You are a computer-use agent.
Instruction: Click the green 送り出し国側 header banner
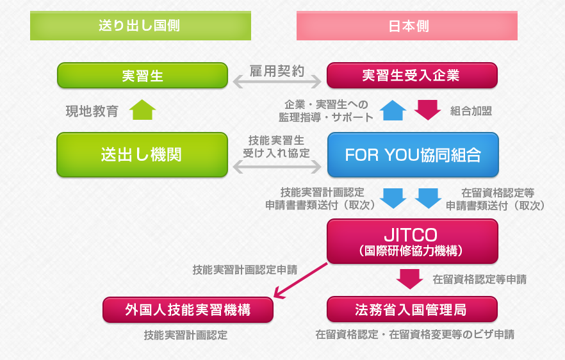point(140,26)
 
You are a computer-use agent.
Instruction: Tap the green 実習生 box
point(142,76)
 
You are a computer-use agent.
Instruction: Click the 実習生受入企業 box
point(412,76)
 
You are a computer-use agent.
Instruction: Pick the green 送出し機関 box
point(142,154)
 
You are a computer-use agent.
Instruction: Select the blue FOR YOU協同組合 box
point(412,154)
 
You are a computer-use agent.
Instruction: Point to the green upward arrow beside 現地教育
point(143,110)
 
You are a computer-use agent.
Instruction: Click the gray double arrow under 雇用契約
point(277,83)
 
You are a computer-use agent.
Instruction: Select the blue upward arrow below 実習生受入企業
point(393,110)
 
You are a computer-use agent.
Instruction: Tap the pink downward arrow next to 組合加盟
point(427,110)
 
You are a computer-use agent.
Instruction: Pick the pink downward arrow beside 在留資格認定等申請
point(409,279)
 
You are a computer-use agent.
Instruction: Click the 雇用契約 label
point(276,70)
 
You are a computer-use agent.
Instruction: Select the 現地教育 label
point(92,111)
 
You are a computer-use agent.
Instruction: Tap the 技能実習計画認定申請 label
point(245,270)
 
